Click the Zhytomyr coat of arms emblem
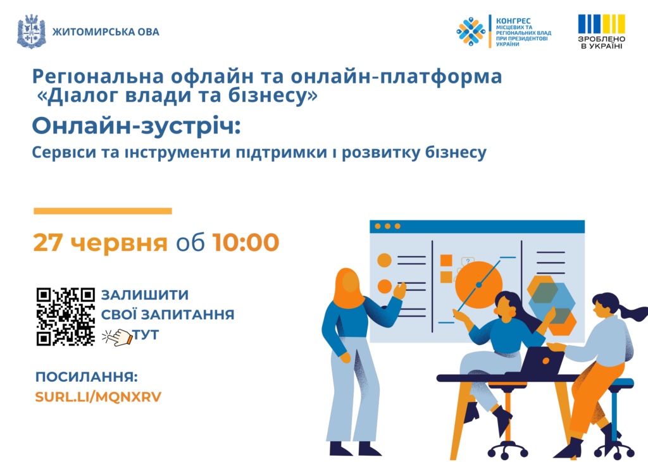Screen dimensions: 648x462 32,32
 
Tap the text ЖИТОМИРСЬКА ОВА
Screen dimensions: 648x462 106,32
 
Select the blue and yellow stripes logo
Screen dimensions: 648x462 601,23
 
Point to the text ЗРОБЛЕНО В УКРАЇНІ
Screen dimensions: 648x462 601,42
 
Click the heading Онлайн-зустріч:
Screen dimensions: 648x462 137,126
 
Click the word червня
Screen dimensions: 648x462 118,243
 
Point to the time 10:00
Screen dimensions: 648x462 246,242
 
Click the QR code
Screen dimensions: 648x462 66,317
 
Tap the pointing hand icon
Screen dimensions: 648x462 117,337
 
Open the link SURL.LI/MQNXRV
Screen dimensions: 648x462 98,397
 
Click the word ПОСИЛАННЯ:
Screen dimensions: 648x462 86,377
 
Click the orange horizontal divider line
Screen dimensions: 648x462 103,211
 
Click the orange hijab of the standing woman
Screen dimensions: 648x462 348,288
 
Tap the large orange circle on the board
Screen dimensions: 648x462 478,284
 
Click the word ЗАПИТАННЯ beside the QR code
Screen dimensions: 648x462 189,315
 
